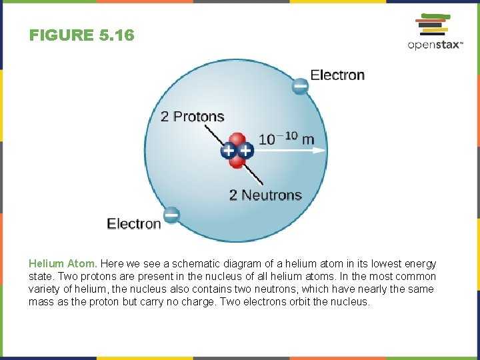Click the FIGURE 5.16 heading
(81, 35)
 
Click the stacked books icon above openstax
(431, 24)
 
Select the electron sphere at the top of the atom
(301, 86)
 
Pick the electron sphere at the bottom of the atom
(171, 215)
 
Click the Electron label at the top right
(337, 75)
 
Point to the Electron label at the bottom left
(133, 224)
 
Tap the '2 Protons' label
(192, 117)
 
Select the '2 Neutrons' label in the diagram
(265, 195)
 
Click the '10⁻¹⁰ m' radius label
(286, 139)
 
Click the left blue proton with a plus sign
(229, 151)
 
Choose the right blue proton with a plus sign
(245, 151)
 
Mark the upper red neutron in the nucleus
(238, 141)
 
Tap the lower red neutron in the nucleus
(236, 161)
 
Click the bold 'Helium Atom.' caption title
(63, 264)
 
